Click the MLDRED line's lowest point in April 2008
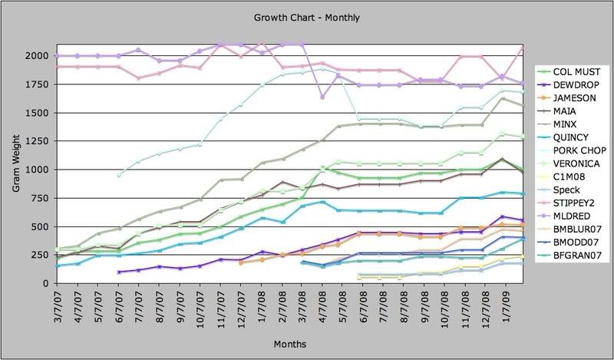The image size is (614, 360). [322, 97]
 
